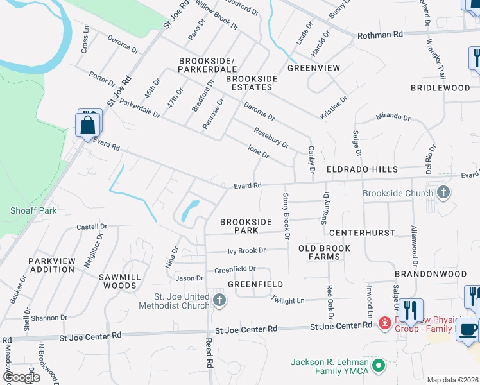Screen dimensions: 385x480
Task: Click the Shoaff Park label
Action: tap(33, 210)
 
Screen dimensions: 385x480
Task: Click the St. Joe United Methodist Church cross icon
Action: tap(219, 300)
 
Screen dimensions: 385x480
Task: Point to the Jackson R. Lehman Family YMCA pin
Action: tap(379, 366)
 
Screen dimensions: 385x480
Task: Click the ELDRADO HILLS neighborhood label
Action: tap(362, 170)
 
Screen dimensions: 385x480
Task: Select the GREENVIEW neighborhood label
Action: tap(313, 67)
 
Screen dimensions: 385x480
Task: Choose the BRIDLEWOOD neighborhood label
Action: tap(440, 87)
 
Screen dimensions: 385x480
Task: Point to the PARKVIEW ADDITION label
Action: tap(51, 265)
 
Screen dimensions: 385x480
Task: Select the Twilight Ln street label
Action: tap(287, 300)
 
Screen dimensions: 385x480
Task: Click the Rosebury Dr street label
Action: tap(271, 136)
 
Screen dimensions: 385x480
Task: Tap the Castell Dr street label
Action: tap(92, 227)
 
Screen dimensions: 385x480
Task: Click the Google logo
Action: tap(21, 377)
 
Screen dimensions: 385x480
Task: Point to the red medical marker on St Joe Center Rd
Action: tap(384, 323)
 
